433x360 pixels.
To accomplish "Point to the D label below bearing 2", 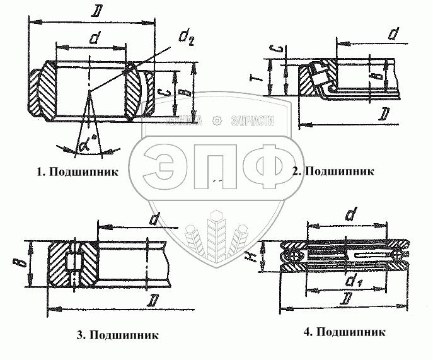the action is coord(383,113).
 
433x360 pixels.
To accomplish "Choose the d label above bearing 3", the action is coord(153,218).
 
